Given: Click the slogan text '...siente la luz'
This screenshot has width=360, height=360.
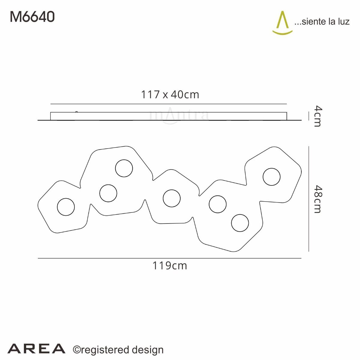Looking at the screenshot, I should click(x=322, y=22).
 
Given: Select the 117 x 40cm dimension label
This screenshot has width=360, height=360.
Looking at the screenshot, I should click(x=170, y=94).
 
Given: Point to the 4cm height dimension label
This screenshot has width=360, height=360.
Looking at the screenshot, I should click(x=317, y=116).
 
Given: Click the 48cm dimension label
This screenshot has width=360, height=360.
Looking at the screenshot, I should click(x=317, y=199).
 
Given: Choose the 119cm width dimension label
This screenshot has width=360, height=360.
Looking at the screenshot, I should click(x=170, y=265).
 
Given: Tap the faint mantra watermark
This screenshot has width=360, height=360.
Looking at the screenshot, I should click(x=179, y=115).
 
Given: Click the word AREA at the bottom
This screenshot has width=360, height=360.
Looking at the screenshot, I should click(x=36, y=349).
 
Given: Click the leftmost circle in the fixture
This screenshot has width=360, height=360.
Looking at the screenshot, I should click(x=66, y=207).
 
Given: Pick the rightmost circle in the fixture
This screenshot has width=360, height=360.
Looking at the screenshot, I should click(x=271, y=177).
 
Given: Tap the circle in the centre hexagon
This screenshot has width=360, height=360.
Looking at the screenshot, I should click(x=172, y=198).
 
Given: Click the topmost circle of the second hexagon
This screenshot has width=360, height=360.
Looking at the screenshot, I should click(x=124, y=168).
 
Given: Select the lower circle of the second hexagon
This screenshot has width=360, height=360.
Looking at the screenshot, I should click(x=108, y=193).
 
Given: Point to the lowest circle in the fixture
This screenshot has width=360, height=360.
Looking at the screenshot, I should click(x=240, y=223).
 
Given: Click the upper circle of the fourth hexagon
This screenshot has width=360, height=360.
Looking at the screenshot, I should click(x=217, y=204).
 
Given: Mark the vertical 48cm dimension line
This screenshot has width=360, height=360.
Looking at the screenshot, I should click(x=309, y=199).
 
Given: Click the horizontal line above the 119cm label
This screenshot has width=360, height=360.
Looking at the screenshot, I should click(x=169, y=258).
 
